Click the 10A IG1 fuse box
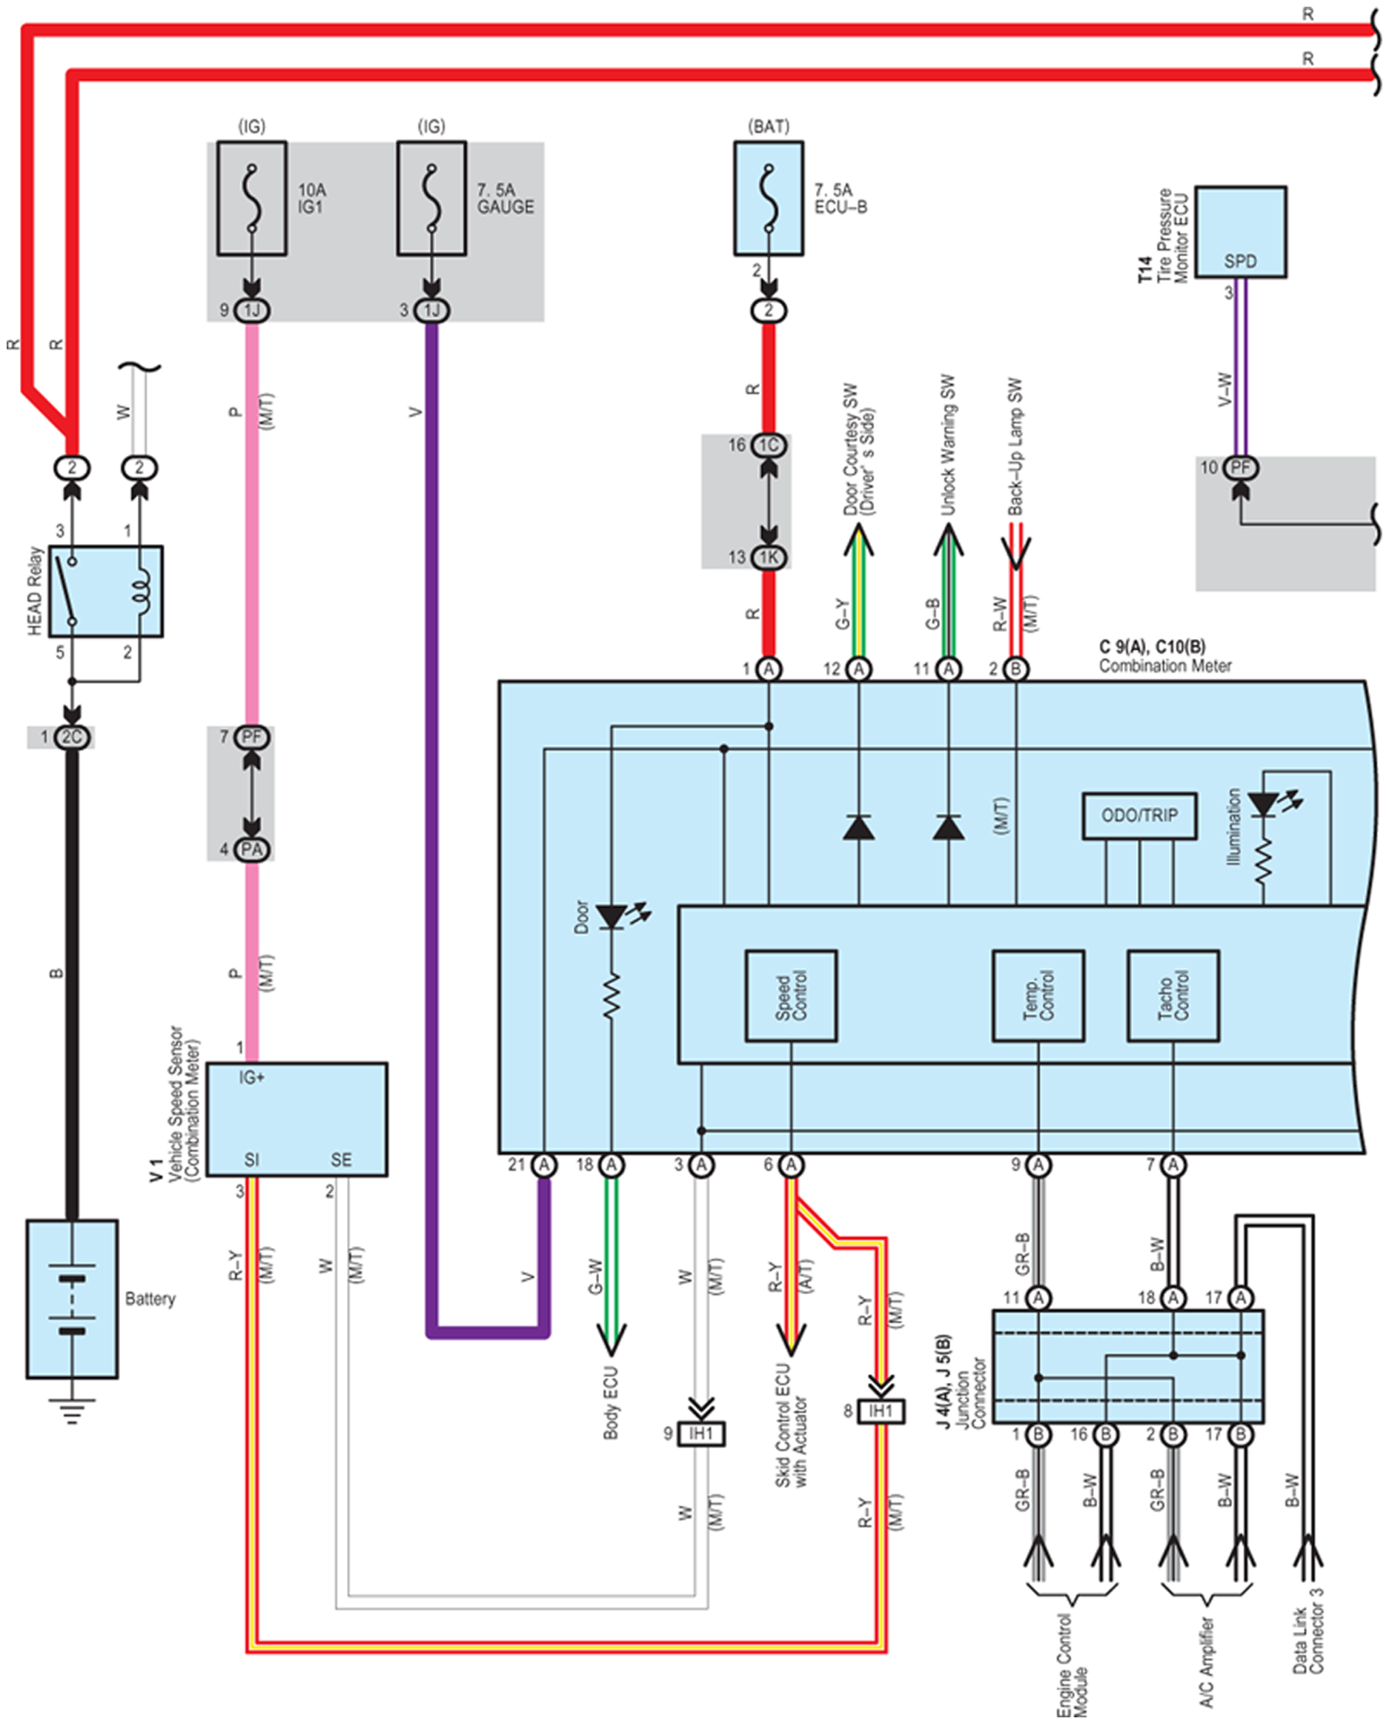(251, 199)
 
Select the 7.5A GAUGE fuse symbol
(431, 199)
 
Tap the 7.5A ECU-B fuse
(768, 199)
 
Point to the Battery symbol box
(72, 1299)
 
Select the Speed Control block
(792, 996)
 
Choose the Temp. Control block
(1038, 996)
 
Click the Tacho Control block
(1173, 996)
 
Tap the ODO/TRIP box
(1139, 816)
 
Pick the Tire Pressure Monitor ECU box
(1241, 232)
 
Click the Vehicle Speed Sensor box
(296, 1119)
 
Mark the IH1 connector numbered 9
(701, 1433)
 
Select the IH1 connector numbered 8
(881, 1410)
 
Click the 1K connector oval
(768, 557)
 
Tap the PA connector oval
(251, 849)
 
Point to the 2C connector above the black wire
(72, 737)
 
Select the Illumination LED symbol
(1268, 804)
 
